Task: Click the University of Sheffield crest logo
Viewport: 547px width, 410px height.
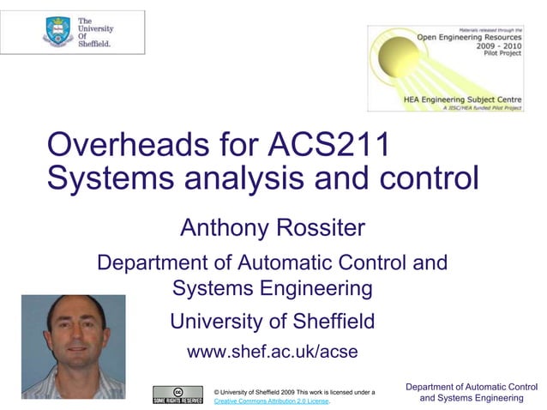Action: point(57,32)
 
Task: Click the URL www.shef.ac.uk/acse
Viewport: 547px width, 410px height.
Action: point(273,352)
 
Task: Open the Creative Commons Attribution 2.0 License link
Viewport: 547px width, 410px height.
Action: point(272,401)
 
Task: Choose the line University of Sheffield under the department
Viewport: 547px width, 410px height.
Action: point(273,322)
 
